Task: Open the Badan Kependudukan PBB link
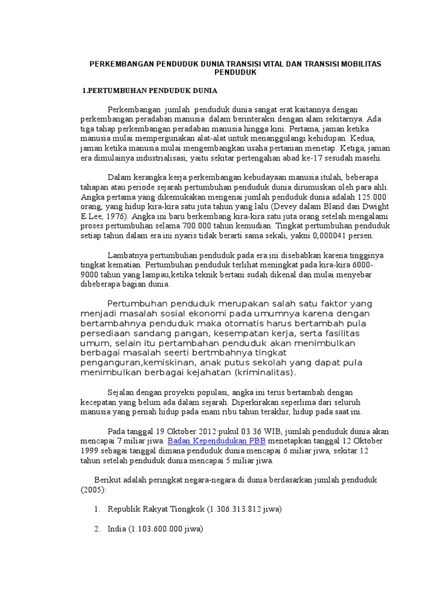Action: pyautogui.click(x=216, y=441)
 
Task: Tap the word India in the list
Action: pyautogui.click(x=117, y=529)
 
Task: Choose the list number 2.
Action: pyautogui.click(x=97, y=529)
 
